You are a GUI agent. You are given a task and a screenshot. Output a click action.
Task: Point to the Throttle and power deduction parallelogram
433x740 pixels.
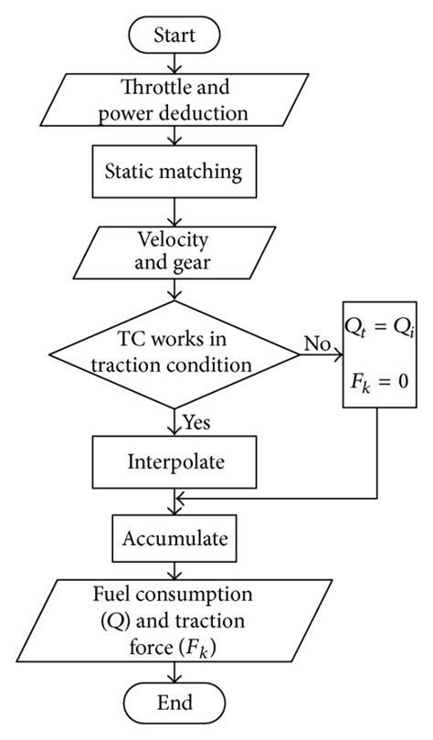click(174, 101)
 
